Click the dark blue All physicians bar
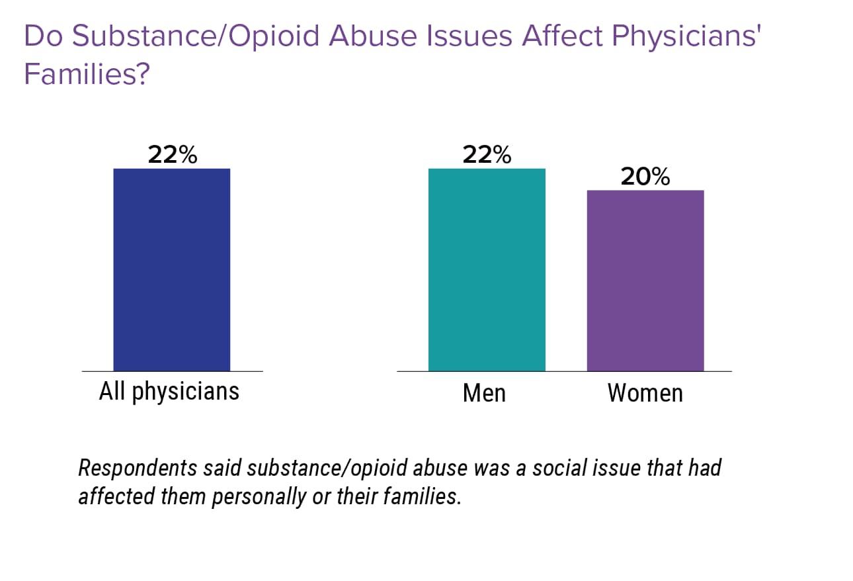click(171, 269)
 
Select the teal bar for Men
click(487, 269)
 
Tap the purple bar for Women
click(645, 280)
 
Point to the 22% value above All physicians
click(172, 155)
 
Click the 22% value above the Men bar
click(487, 155)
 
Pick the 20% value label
click(645, 177)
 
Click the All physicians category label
click(169, 392)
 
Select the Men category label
click(484, 393)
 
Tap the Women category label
click(645, 393)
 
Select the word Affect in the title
click(562, 37)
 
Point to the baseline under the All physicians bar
click(172, 371)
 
